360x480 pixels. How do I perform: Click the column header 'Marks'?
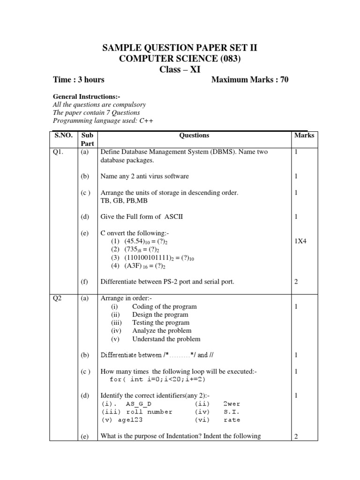[x=304, y=135]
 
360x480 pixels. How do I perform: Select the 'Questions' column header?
[x=194, y=135]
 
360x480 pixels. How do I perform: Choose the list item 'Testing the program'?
[x=161, y=322]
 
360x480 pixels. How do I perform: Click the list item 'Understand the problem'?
[x=166, y=339]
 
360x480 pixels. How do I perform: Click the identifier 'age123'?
[x=130, y=420]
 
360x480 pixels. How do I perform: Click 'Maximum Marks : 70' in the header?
[x=250, y=80]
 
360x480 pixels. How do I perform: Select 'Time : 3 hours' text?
[x=79, y=80]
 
